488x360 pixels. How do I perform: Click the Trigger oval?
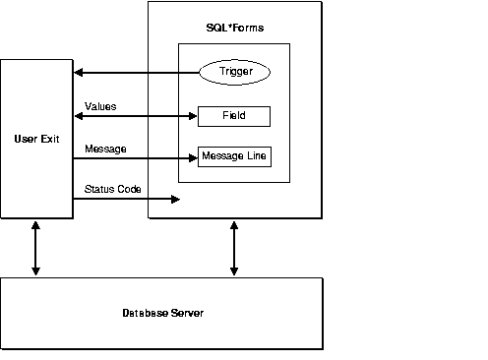coord(233,72)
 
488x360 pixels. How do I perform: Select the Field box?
coord(233,115)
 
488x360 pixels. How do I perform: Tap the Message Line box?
coord(233,156)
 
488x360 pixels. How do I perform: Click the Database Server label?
coord(163,313)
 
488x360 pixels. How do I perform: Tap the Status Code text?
coord(112,187)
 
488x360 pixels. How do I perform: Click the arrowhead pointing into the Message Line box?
coord(192,156)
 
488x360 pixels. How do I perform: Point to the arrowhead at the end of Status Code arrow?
coord(174,199)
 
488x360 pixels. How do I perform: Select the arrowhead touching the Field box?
coord(192,115)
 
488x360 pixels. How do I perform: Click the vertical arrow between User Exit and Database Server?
coord(36,247)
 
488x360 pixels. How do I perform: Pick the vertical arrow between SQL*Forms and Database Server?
coord(233,247)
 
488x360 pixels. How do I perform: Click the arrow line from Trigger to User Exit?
coord(138,72)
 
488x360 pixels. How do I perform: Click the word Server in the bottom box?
coord(187,313)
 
